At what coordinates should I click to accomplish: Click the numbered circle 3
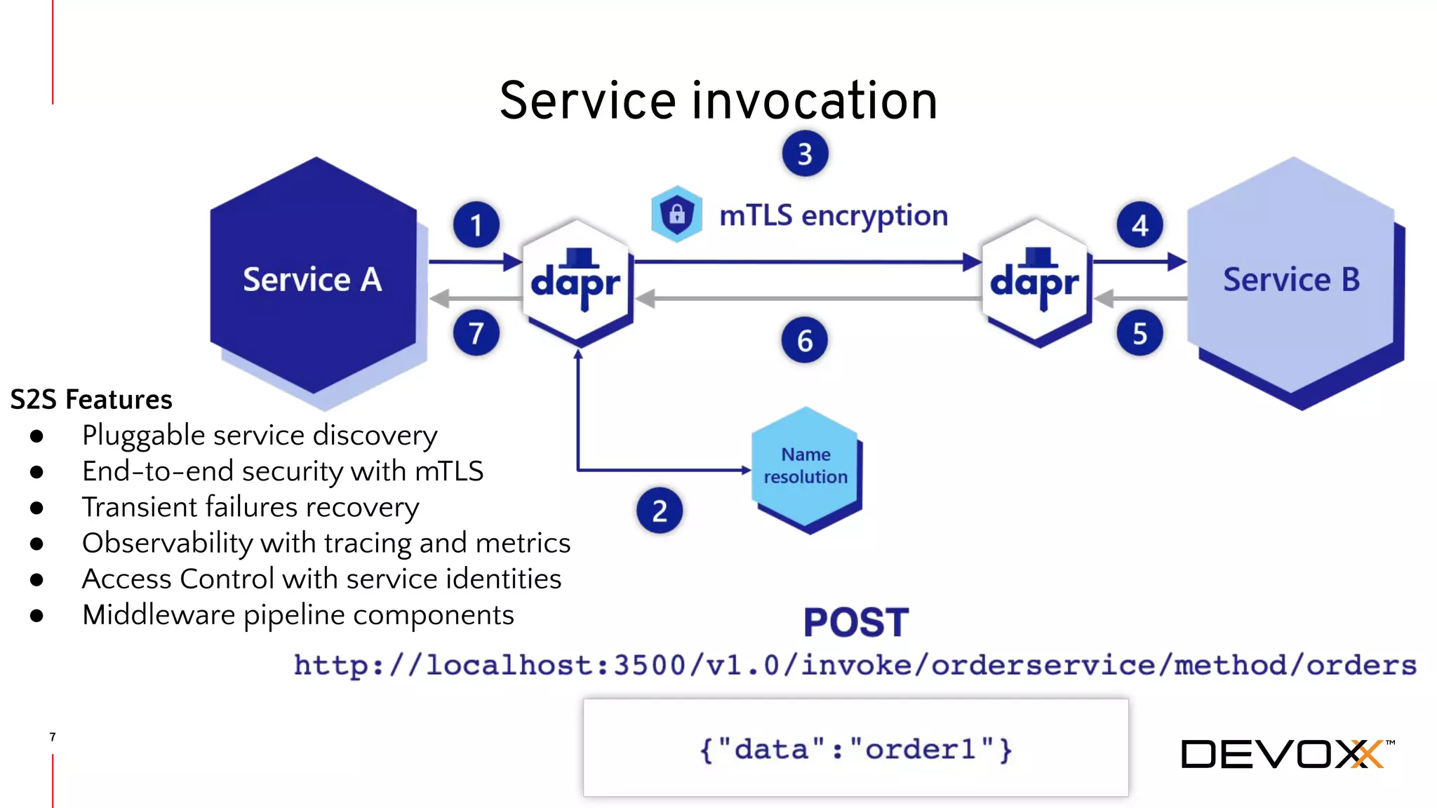point(805,154)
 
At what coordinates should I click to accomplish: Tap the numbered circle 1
point(476,225)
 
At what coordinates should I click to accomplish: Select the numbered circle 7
point(476,332)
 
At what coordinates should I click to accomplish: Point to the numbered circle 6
point(804,340)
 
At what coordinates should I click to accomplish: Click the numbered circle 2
point(659,511)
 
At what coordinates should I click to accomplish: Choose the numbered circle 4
point(1139,225)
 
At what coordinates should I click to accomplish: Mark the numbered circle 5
point(1139,333)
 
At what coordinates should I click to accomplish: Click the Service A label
point(312,279)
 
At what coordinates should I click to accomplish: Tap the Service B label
point(1291,279)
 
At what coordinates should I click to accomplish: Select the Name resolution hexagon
point(806,466)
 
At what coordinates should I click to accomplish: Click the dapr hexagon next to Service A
point(576,281)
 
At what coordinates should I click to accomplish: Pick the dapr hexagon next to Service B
point(1035,281)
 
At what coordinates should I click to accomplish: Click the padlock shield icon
point(676,213)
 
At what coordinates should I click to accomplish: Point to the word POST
point(855,622)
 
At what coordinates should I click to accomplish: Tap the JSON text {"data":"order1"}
point(855,749)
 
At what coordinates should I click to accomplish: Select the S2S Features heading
point(91,399)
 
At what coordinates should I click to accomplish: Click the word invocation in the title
point(815,101)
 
